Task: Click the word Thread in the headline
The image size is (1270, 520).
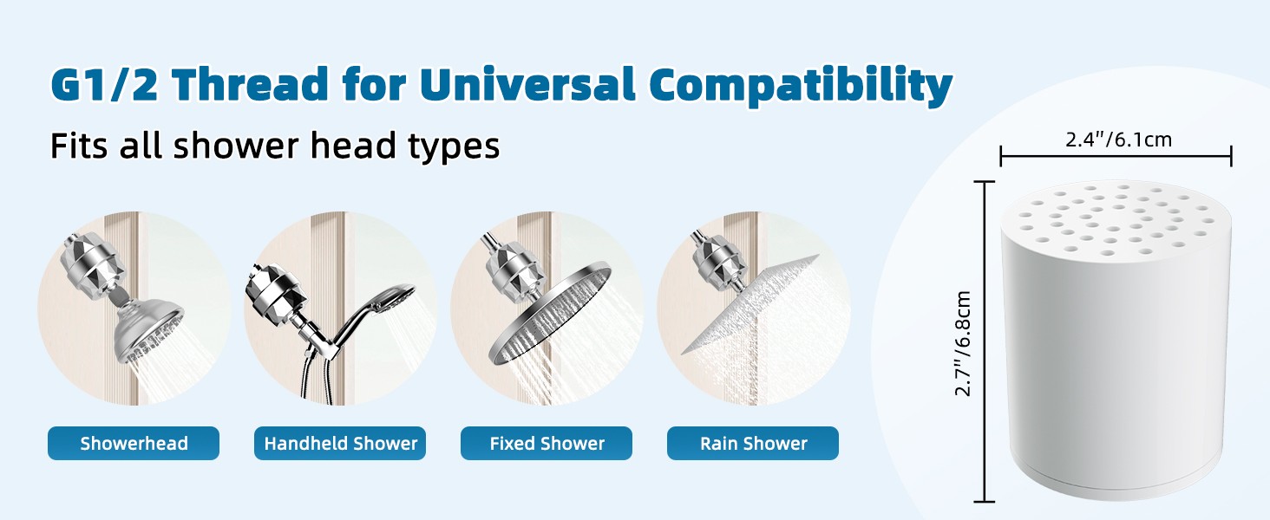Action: [251, 84]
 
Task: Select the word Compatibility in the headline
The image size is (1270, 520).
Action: [801, 86]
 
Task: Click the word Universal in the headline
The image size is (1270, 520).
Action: [527, 84]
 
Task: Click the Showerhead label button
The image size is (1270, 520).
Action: [134, 443]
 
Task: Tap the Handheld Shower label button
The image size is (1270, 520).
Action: [340, 443]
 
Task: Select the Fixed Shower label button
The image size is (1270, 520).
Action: [547, 443]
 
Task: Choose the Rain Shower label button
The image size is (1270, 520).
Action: [753, 443]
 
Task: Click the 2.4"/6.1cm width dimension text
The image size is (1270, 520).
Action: [1118, 140]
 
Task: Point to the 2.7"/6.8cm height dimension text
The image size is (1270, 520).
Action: [963, 343]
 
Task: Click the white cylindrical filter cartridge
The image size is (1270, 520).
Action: [1116, 340]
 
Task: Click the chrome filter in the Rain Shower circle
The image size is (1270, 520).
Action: [715, 261]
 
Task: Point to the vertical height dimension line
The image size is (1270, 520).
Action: [985, 341]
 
